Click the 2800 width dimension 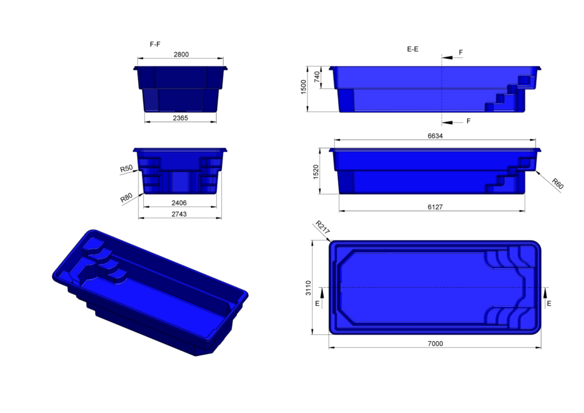[x=181, y=54]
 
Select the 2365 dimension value [x=180, y=118]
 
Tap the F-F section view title [x=155, y=44]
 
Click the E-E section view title [x=412, y=50]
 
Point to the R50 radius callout [x=126, y=169]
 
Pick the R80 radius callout [x=126, y=199]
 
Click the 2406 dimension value [x=179, y=203]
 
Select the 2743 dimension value [x=179, y=214]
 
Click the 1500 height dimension [x=304, y=88]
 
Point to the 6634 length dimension [x=435, y=136]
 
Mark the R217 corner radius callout [x=319, y=227]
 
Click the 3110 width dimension [x=309, y=287]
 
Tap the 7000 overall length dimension [x=435, y=343]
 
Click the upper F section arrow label [x=461, y=52]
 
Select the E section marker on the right [x=549, y=304]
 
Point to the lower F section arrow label [x=468, y=121]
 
